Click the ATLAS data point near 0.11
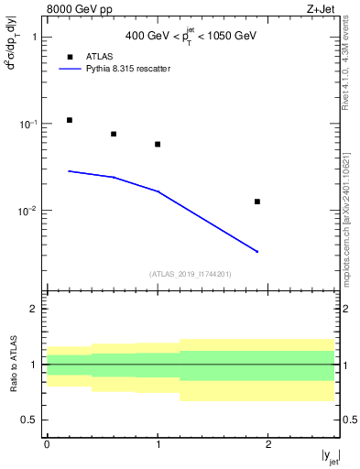tap(69, 120)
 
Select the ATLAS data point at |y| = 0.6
tap(114, 134)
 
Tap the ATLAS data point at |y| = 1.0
tap(158, 144)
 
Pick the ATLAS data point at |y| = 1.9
tap(257, 202)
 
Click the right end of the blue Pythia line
tap(257, 252)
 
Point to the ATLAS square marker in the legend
tap(70, 57)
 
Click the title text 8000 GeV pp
tap(73, 10)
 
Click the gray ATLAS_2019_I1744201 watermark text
tap(190, 274)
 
